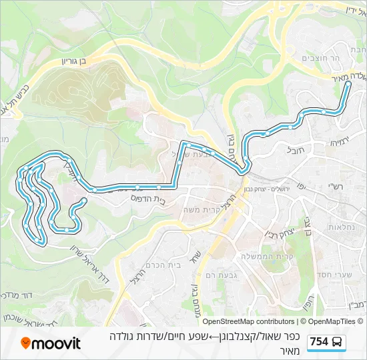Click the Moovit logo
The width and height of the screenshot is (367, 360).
51,343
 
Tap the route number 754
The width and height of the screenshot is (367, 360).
319,342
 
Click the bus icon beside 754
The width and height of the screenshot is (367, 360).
338,342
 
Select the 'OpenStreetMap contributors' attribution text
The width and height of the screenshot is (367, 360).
248,321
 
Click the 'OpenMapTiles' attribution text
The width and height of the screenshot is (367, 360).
332,321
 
